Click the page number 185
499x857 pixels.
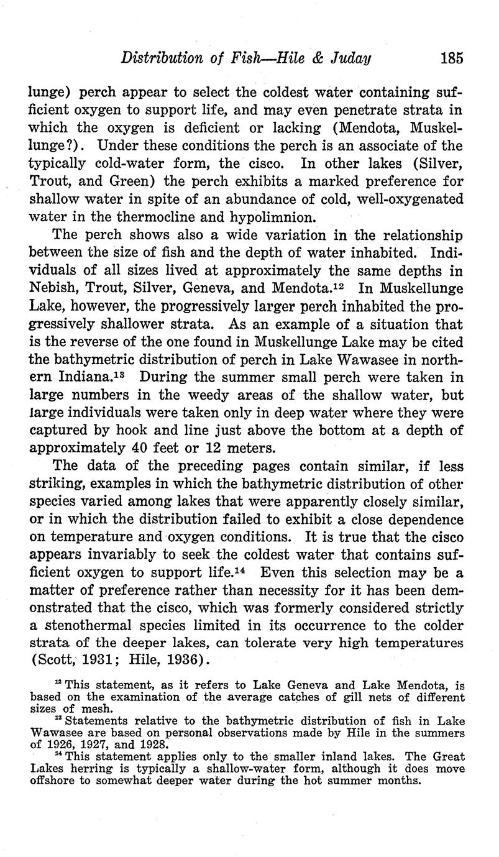[x=451, y=59]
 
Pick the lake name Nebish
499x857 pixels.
[x=56, y=289]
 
